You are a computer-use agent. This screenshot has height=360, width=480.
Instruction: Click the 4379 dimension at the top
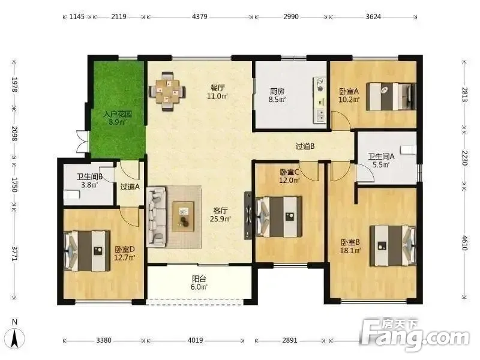pyautogui.click(x=200, y=17)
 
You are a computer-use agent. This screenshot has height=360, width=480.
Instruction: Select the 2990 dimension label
pyautogui.click(x=291, y=17)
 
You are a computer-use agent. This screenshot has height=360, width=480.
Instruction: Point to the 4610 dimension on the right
pyautogui.click(x=464, y=242)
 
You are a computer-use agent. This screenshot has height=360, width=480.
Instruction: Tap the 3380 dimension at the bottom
pyautogui.click(x=104, y=340)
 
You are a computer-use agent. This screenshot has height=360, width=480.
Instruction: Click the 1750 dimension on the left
pyautogui.click(x=14, y=184)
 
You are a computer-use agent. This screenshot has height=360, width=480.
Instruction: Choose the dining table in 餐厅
pyautogui.click(x=167, y=91)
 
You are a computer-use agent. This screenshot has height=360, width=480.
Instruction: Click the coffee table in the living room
pyautogui.click(x=183, y=216)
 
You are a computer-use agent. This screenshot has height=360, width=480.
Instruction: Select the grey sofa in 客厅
pyautogui.click(x=156, y=217)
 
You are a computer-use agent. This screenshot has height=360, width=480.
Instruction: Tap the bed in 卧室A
pyautogui.click(x=391, y=96)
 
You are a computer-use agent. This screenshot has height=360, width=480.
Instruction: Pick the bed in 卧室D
pyautogui.click(x=86, y=251)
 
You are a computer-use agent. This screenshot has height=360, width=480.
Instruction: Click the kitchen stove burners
pyautogui.click(x=320, y=84)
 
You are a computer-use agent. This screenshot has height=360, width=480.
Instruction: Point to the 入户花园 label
pyautogui.click(x=118, y=115)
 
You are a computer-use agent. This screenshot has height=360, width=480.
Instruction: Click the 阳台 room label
pyautogui.click(x=199, y=279)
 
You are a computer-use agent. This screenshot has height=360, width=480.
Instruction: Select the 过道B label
pyautogui.click(x=305, y=146)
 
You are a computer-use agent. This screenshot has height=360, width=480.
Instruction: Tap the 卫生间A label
pyautogui.click(x=381, y=157)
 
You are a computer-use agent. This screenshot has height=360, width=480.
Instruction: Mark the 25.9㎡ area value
pyautogui.click(x=220, y=218)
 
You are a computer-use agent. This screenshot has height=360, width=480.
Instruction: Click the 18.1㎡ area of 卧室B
pyautogui.click(x=350, y=250)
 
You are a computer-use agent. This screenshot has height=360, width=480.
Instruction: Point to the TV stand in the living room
pyautogui.click(x=248, y=215)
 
